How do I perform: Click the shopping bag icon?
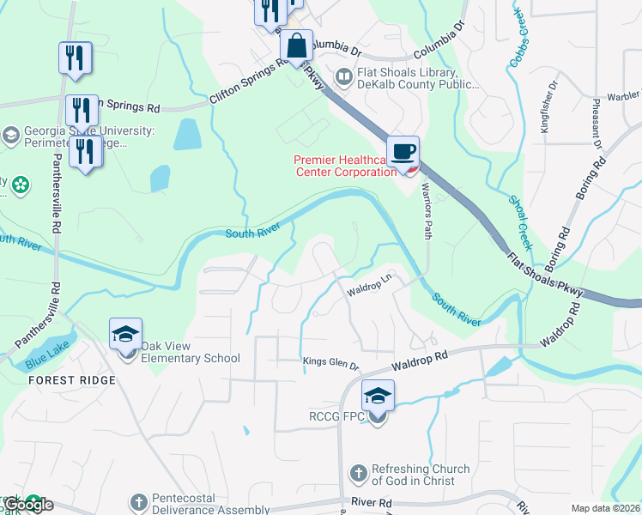296,48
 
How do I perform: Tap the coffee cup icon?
403,152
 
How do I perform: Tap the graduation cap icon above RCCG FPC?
378,396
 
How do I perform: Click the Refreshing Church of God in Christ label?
420,475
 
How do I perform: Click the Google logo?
28,505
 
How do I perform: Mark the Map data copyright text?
604,508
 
